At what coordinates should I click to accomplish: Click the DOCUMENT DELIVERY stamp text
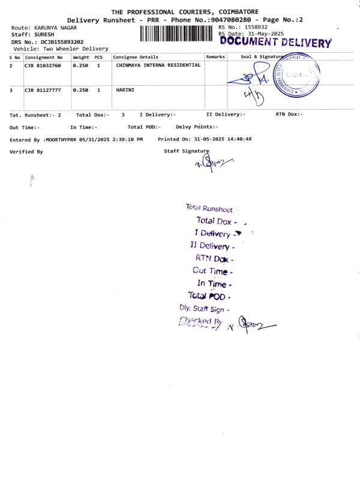pos(276,43)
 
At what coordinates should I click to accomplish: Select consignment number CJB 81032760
pos(43,65)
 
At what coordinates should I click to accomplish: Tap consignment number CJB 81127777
pos(43,90)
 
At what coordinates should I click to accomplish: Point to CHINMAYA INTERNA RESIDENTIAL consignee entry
pos(158,65)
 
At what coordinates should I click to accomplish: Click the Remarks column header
pos(215,56)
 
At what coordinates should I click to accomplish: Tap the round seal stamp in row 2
pos(299,75)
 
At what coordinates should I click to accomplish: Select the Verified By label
pos(26,152)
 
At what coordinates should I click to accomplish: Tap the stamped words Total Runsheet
pos(209,208)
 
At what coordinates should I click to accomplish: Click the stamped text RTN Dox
pos(214,259)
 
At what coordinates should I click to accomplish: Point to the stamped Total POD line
pos(209,296)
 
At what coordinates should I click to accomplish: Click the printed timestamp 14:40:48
pos(239,139)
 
